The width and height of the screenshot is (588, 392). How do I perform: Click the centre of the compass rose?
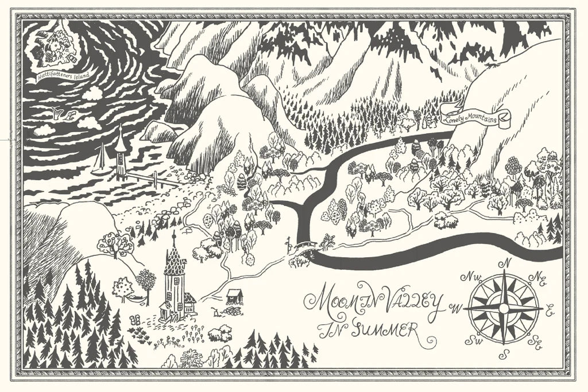[x=504, y=309]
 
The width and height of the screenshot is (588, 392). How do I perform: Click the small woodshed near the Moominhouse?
[x=234, y=296]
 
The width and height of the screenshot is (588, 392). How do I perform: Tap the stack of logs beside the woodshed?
[x=232, y=311]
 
